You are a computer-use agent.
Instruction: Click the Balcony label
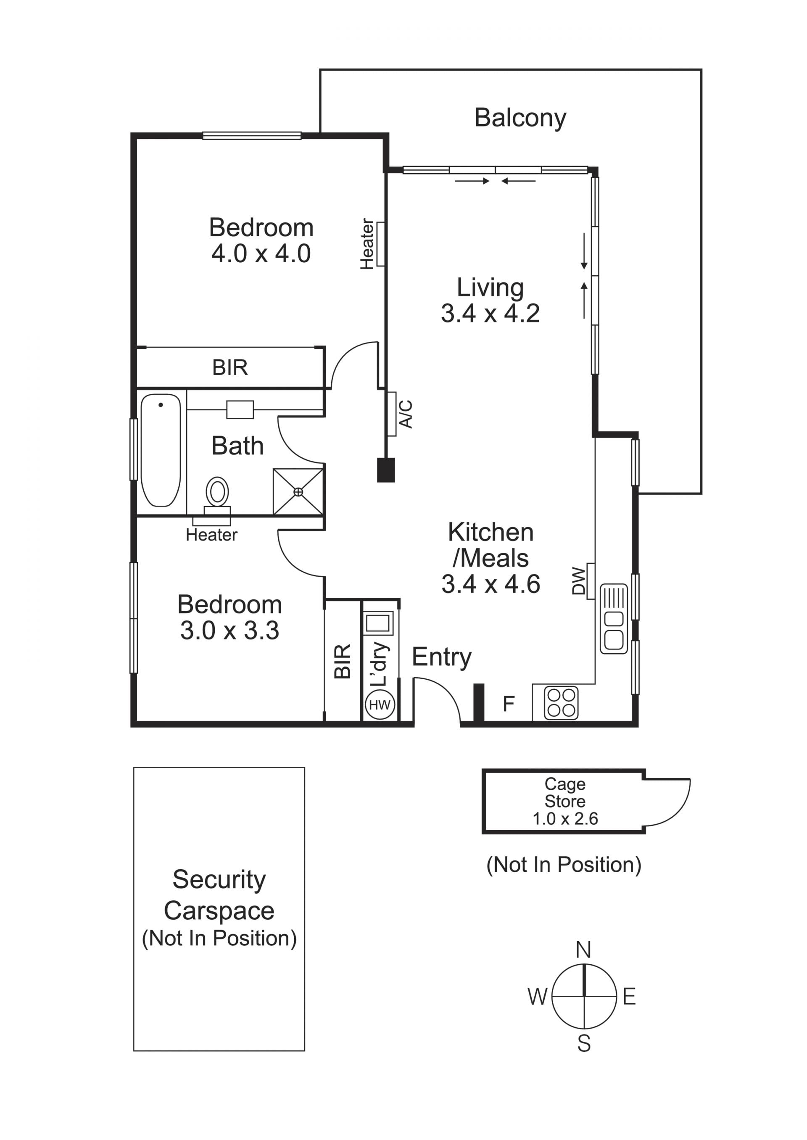(520, 118)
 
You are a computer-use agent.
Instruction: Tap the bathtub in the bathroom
(161, 450)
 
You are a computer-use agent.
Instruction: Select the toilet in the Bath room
(217, 495)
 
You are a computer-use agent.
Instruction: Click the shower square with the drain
(298, 491)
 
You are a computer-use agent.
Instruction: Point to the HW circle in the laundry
(380, 705)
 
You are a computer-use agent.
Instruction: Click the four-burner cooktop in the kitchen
(562, 703)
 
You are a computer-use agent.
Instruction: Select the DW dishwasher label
(579, 581)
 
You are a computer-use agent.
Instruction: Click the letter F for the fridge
(508, 704)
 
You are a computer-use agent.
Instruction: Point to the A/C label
(406, 414)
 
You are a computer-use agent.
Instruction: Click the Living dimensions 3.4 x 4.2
(490, 314)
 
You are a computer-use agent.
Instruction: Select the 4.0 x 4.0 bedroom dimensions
(261, 253)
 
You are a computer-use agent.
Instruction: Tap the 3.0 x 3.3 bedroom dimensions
(229, 631)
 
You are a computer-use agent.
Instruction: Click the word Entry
(442, 657)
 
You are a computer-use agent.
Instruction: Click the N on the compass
(583, 950)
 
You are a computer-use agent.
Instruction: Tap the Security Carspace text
(219, 895)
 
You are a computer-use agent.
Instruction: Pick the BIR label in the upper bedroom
(229, 368)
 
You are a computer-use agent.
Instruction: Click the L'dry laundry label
(380, 664)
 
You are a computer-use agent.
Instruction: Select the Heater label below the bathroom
(212, 535)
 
